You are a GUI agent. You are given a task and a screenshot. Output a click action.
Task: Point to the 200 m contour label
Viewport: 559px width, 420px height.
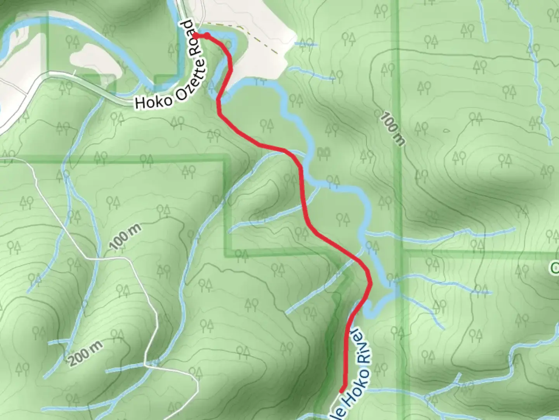(x=86, y=353)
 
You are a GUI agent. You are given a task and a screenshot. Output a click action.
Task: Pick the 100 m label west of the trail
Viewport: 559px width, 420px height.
(x=125, y=236)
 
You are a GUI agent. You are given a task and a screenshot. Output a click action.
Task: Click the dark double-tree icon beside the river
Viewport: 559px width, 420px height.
(x=323, y=154)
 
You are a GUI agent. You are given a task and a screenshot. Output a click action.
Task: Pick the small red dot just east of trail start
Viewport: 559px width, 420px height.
(x=207, y=36)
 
